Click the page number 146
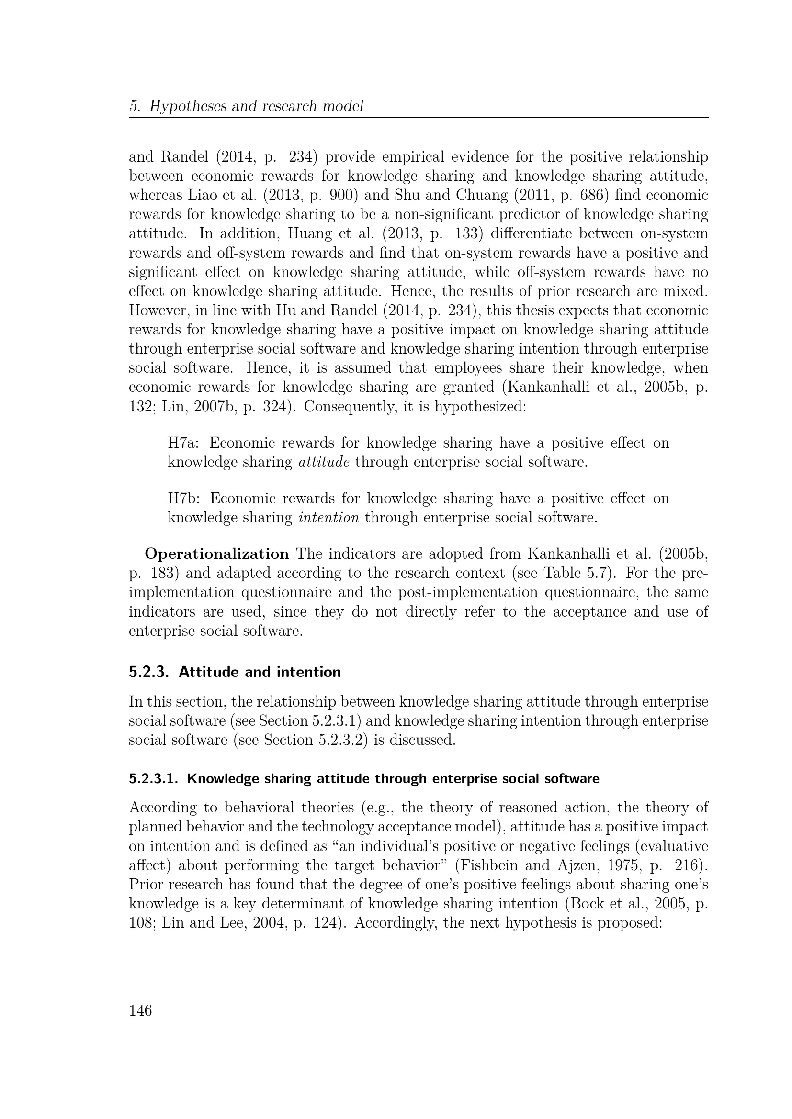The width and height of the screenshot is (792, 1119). (140, 1011)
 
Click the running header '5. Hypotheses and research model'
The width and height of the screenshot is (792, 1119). (246, 106)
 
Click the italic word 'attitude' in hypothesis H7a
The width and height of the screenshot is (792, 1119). (324, 462)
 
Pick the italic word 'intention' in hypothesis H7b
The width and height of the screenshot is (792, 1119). (328, 518)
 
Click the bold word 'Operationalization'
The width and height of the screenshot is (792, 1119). (217, 554)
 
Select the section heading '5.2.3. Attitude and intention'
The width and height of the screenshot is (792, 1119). (235, 672)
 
